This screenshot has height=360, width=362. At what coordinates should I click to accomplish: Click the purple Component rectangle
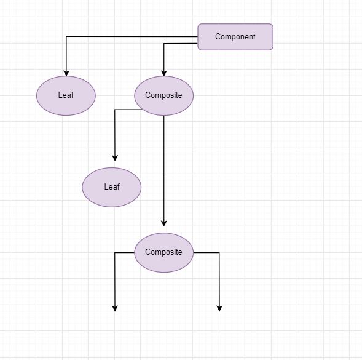tap(235, 37)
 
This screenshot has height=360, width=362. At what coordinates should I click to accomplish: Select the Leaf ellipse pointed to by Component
tap(66, 96)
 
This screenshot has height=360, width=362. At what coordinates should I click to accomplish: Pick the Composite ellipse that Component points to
tap(164, 96)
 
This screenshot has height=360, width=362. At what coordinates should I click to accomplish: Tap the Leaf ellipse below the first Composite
tap(112, 187)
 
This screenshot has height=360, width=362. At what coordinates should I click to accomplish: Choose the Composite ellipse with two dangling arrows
tap(164, 253)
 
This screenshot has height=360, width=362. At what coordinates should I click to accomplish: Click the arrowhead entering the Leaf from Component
tap(66, 73)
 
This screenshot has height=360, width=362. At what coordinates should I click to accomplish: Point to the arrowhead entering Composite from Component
tap(164, 73)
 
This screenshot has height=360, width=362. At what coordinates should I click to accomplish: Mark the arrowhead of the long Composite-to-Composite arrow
tap(164, 223)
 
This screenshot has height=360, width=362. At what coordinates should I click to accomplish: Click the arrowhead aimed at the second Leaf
tap(115, 158)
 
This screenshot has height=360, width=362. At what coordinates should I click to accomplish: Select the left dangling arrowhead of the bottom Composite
tap(115, 309)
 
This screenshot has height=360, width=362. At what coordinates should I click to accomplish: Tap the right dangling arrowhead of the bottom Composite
tap(219, 309)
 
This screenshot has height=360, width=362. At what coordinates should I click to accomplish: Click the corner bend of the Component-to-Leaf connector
tap(66, 36)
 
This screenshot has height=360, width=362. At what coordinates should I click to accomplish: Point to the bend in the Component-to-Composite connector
tap(164, 43)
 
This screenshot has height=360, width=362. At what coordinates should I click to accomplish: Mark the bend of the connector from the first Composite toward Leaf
tap(115, 110)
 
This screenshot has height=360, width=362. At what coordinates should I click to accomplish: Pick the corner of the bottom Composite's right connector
tap(219, 253)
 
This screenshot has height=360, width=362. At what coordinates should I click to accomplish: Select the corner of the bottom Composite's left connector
tap(115, 253)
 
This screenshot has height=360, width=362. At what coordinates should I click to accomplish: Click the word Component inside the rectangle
tap(235, 37)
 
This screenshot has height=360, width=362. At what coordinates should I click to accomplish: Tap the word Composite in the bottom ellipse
tap(163, 252)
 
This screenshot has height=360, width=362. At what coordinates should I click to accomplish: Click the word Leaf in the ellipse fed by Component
tap(66, 95)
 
